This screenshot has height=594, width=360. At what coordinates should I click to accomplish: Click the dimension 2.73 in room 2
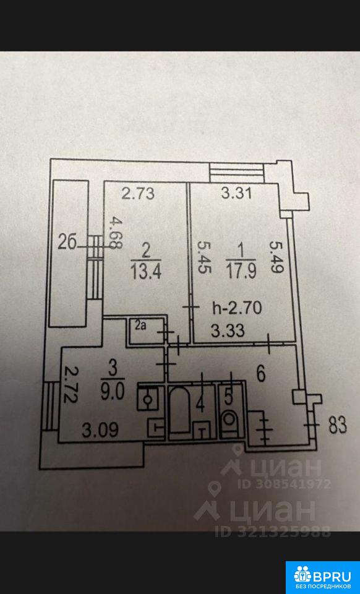[138, 194]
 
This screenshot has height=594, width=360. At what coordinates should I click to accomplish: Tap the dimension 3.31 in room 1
[237, 194]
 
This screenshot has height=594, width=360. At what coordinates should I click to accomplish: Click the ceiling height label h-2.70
[237, 308]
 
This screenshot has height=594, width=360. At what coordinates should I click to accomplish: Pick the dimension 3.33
[228, 331]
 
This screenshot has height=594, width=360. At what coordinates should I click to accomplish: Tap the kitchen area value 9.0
[113, 392]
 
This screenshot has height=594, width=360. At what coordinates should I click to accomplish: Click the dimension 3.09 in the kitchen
[101, 429]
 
